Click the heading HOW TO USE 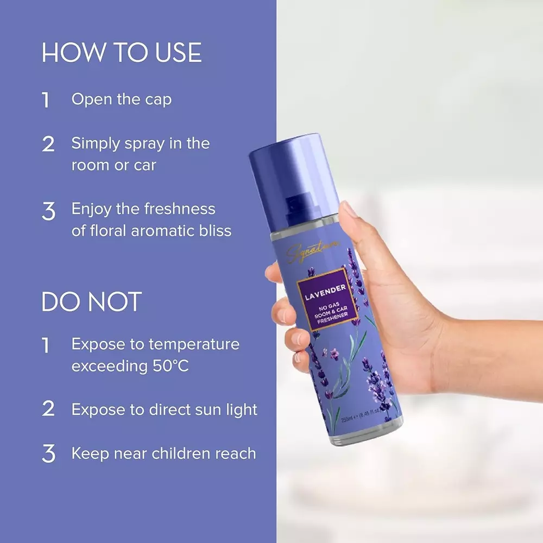122,53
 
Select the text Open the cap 122,99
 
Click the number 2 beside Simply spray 48,144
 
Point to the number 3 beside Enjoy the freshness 48,211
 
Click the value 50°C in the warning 168,365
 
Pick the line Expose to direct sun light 164,409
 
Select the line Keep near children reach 163,453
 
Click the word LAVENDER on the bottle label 322,296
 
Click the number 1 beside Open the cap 46,100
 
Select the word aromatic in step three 149,230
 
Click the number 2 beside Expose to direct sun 48,409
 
